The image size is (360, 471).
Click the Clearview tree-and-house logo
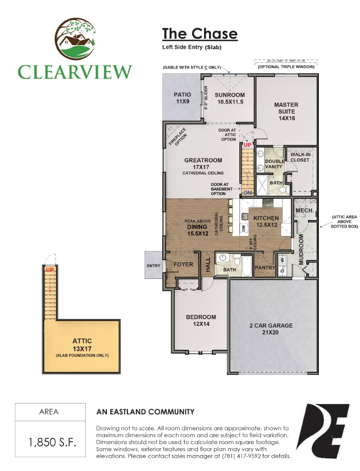coord(75,38)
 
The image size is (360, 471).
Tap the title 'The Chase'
coord(199,34)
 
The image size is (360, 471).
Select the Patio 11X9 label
coord(182,98)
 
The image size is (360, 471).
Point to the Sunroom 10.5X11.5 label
coord(230,98)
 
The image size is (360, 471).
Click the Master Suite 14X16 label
coord(286,111)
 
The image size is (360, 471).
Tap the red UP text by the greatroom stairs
coord(247,145)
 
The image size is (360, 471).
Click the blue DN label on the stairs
coord(247,193)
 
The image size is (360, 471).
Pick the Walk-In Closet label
coord(300,157)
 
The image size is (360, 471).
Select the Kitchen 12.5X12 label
coord(266,221)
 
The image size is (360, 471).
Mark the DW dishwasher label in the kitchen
coord(244,229)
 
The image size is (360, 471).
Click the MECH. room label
coord(305,210)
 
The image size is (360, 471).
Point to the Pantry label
coord(265,268)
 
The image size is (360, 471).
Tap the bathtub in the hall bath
coord(247,266)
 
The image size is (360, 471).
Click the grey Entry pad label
coord(153,266)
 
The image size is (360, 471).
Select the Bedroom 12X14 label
coord(201,320)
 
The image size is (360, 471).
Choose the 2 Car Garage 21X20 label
coord(271,329)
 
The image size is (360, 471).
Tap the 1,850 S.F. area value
coord(52,442)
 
